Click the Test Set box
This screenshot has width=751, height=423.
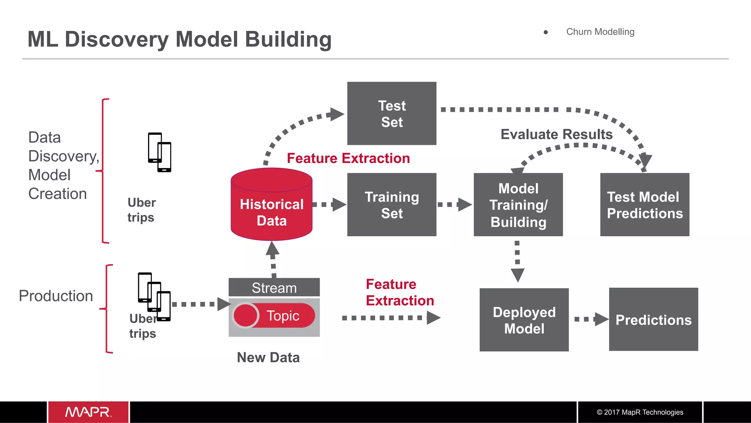click(392, 113)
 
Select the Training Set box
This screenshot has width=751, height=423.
click(392, 205)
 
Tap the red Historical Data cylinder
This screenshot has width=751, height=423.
click(271, 209)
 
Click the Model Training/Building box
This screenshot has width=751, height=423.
click(518, 205)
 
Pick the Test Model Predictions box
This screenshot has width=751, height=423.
click(645, 205)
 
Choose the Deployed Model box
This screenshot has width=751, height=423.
click(524, 320)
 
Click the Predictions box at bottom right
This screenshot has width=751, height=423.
click(653, 320)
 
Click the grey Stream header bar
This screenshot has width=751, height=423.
click(274, 288)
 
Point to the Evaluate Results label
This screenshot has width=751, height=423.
click(556, 134)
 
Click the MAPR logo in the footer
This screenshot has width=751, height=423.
click(88, 412)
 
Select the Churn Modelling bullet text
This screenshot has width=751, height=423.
click(600, 32)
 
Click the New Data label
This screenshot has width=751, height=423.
click(268, 357)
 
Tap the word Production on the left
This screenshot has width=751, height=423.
click(56, 296)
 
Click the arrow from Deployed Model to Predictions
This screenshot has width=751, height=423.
click(590, 319)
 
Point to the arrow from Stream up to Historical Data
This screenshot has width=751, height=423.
click(273, 259)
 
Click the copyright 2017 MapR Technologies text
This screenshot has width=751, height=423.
click(640, 412)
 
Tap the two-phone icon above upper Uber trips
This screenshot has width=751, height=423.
click(160, 152)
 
